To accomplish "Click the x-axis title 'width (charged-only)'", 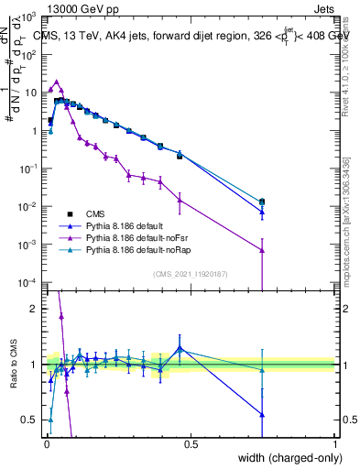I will [285, 459].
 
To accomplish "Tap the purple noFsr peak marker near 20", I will [57, 82].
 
